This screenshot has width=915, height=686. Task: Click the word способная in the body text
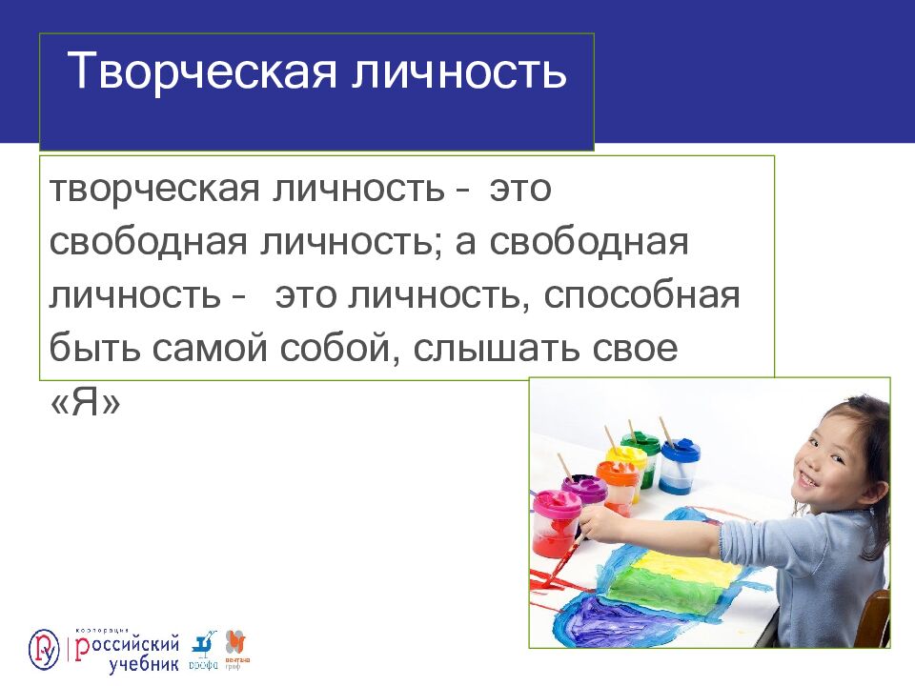641,295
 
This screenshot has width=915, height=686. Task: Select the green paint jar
640,457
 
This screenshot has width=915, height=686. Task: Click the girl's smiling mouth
806,480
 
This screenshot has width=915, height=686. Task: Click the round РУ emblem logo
43,649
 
